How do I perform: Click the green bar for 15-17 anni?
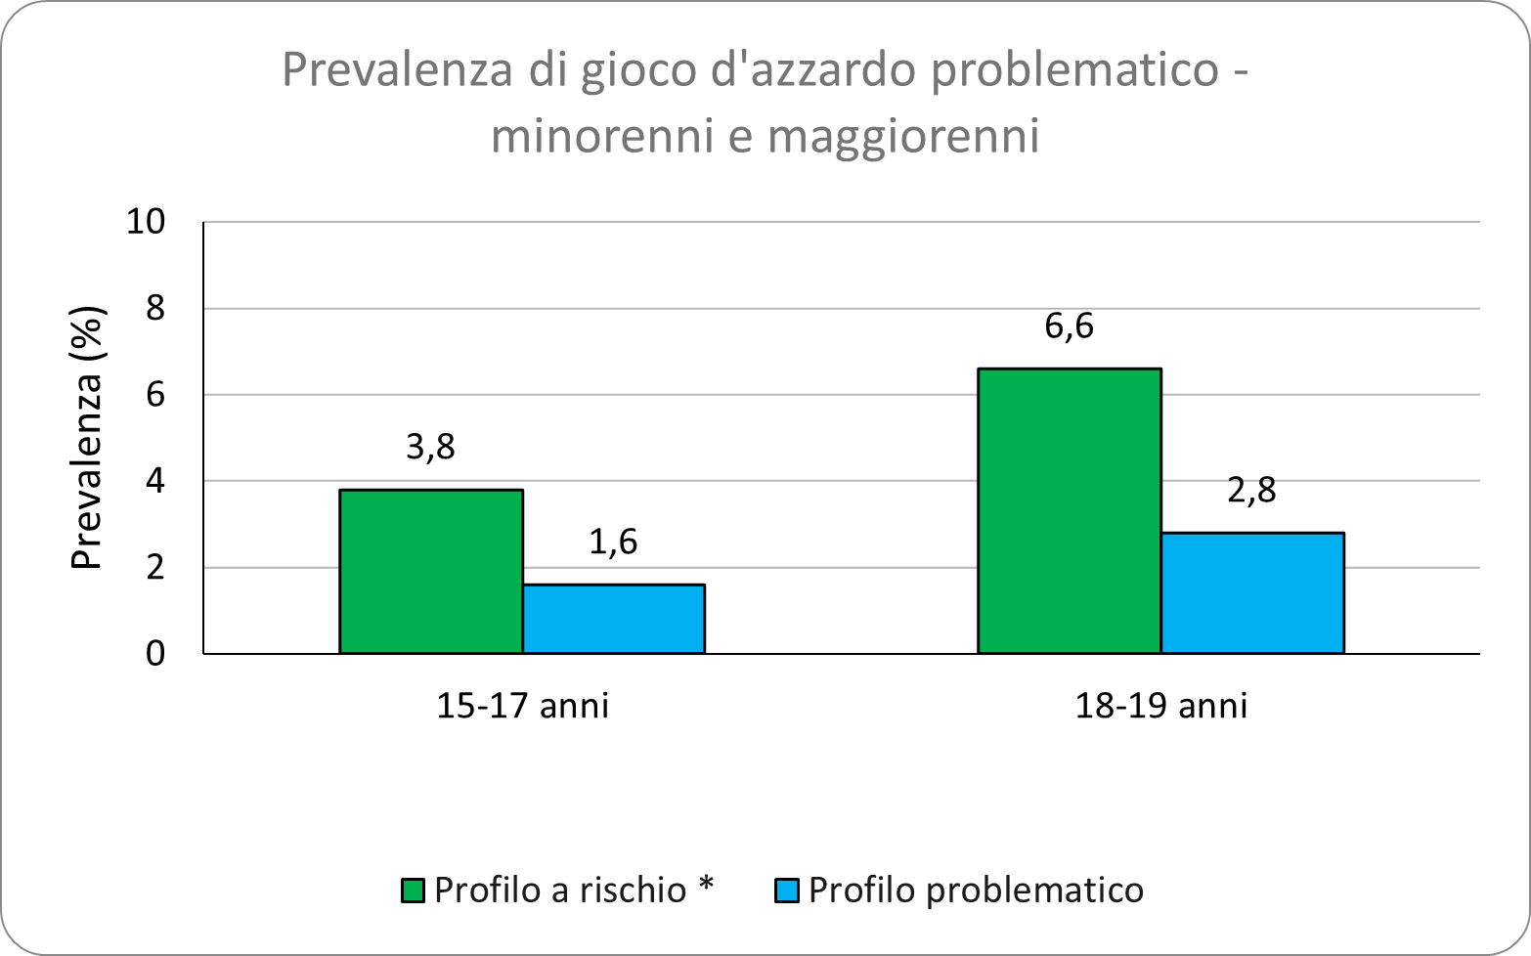[x=430, y=571]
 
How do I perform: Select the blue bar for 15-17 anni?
[x=613, y=619]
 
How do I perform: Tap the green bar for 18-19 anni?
[x=1069, y=510]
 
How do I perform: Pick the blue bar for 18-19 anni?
[x=1251, y=592]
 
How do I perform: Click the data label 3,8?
[x=430, y=447]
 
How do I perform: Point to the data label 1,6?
[x=613, y=542]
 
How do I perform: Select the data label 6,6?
[x=1069, y=326]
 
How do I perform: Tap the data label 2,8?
[x=1251, y=490]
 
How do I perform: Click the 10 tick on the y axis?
[x=147, y=222]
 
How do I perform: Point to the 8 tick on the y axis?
[x=155, y=309]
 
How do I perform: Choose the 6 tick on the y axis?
[x=155, y=395]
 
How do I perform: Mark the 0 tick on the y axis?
[x=155, y=653]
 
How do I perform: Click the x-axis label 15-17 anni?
[x=522, y=705]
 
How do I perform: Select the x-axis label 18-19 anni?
[x=1160, y=705]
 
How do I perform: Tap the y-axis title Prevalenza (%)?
[x=88, y=438]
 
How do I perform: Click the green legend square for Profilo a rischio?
[x=413, y=891]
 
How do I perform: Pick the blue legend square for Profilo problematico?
[x=787, y=891]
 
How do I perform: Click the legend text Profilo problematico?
[x=976, y=891]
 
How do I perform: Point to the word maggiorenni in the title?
[x=903, y=137]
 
